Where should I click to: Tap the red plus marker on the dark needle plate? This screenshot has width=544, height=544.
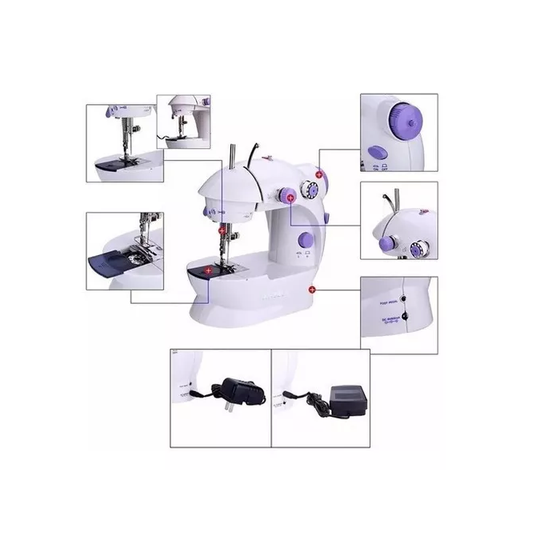(209, 271)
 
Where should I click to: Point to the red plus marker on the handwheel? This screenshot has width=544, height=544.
(319, 173)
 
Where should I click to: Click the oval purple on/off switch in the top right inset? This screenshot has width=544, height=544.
(376, 150)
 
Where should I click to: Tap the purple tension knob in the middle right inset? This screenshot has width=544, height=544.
(386, 242)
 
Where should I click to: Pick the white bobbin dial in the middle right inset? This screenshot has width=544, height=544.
(415, 249)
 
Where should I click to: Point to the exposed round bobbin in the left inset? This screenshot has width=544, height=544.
(144, 254)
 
